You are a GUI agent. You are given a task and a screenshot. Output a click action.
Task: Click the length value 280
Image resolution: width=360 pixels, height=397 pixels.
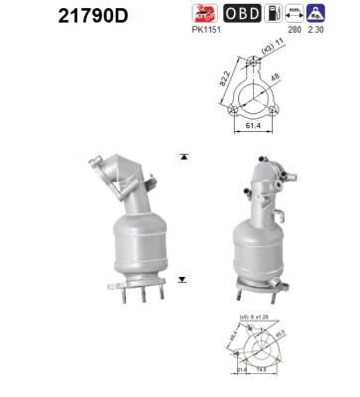coord(294,30)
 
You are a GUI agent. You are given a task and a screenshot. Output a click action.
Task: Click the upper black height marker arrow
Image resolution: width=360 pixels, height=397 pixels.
coord(182,157)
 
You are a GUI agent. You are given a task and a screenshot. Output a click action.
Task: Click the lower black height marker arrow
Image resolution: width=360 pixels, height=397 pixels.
coord(182,281)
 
